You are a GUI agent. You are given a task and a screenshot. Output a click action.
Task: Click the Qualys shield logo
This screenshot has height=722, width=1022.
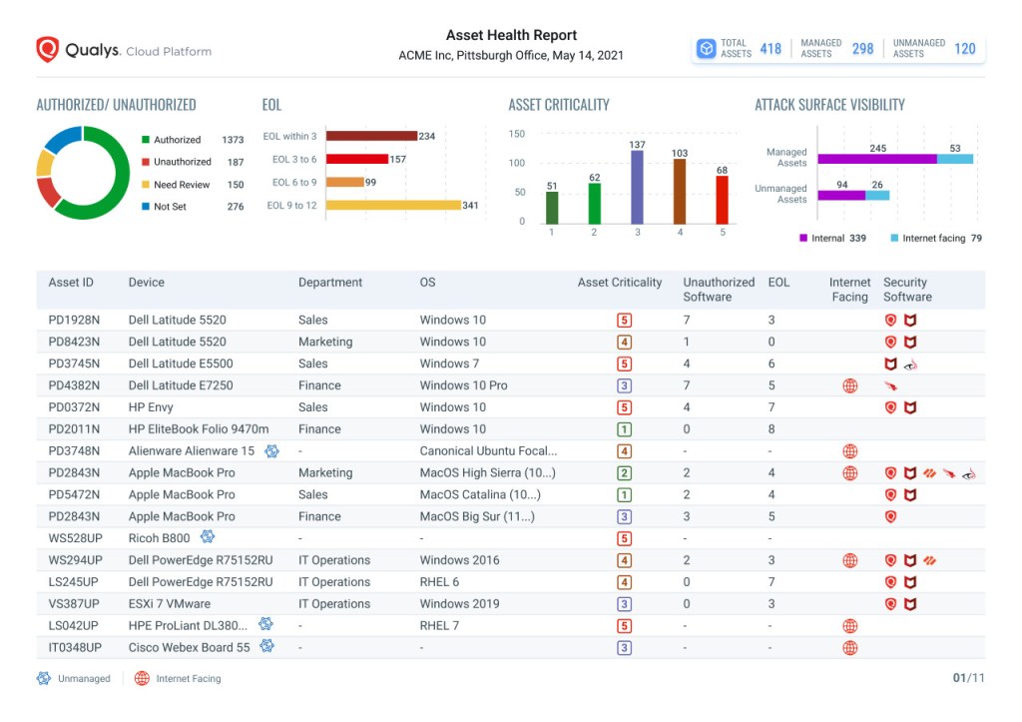(47, 50)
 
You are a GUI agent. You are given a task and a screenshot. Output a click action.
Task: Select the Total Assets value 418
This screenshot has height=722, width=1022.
(770, 48)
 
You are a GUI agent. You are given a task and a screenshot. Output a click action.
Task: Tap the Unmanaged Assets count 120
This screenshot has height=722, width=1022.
(964, 48)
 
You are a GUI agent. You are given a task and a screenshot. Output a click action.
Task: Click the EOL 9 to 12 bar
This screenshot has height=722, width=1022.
(393, 205)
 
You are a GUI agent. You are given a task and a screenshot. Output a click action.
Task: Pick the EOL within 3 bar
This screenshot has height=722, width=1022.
(371, 136)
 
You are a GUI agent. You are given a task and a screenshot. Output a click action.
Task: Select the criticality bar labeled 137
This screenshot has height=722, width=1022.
(637, 187)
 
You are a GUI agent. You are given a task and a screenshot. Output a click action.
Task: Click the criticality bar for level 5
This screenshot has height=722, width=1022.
(722, 201)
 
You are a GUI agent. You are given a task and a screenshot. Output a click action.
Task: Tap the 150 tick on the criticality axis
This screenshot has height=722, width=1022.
(517, 134)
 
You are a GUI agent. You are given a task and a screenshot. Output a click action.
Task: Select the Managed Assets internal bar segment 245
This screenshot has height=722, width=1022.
(877, 159)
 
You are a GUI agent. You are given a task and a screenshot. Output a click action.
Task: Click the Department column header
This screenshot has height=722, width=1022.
(330, 283)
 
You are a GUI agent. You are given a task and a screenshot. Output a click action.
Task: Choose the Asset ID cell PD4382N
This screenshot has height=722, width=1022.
(74, 385)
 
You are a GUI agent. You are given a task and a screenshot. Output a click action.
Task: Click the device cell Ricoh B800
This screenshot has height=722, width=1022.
(159, 538)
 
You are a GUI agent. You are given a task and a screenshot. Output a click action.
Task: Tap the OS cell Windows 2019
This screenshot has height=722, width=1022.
(459, 604)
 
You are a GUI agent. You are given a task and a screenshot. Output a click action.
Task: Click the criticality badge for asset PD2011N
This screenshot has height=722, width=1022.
(624, 429)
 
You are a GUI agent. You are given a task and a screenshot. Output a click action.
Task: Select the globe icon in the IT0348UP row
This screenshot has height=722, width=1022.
(849, 648)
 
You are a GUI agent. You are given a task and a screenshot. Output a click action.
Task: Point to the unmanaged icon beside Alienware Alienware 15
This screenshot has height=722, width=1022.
(271, 451)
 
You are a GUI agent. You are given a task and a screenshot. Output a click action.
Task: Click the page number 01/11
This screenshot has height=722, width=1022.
(968, 678)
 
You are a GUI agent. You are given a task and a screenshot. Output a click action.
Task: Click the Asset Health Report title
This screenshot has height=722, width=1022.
(511, 35)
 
